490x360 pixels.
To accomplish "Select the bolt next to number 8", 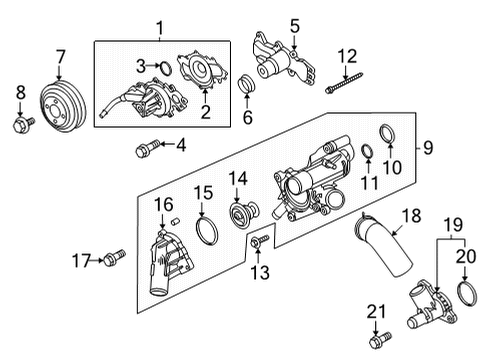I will point(21,126).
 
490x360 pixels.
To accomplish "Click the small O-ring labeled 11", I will point(367,152).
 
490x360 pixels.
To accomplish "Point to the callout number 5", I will point(294,24).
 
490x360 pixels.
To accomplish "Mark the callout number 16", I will point(161,204).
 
